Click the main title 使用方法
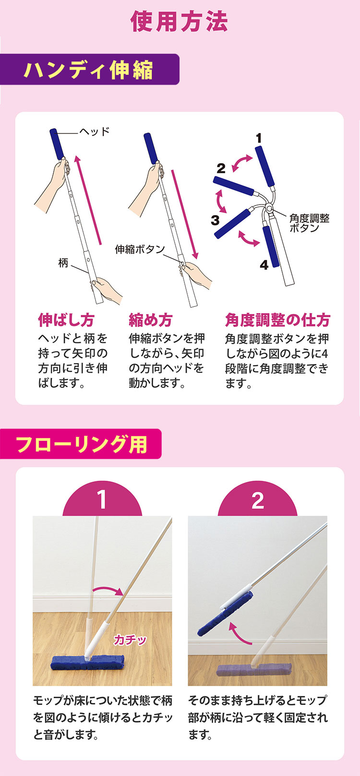pyautogui.click(x=179, y=22)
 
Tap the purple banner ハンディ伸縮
pyautogui.click(x=89, y=69)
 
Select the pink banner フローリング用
pyautogui.click(x=81, y=444)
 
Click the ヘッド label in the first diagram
pyautogui.click(x=95, y=131)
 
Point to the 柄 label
pyautogui.click(x=63, y=263)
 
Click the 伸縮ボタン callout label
pyautogui.click(x=140, y=249)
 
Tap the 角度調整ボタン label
pyautogui.click(x=309, y=223)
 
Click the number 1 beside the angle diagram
pyautogui.click(x=259, y=138)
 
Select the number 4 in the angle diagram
pyautogui.click(x=264, y=265)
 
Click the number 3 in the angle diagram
pyautogui.click(x=215, y=219)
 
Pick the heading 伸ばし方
pyautogui.click(x=66, y=320)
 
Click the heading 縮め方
pyautogui.click(x=151, y=320)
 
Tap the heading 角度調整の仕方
pyautogui.click(x=277, y=320)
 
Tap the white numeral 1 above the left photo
pyautogui.click(x=102, y=500)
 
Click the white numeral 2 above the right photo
pyautogui.click(x=258, y=500)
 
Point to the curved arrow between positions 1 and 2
pyautogui.click(x=241, y=162)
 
